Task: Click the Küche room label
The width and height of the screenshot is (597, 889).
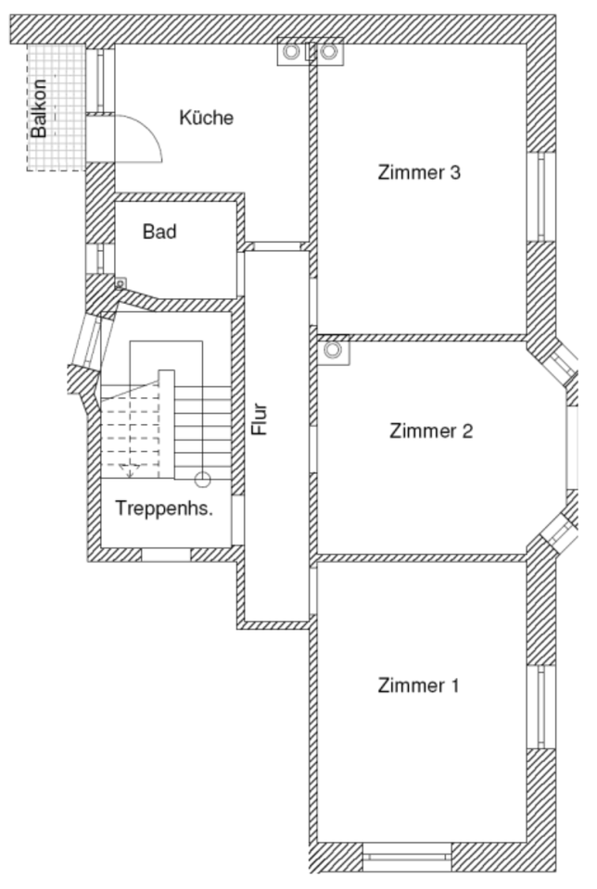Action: click(x=206, y=119)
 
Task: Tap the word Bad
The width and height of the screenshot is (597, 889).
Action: click(x=159, y=232)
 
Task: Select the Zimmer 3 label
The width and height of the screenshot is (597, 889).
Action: click(x=419, y=172)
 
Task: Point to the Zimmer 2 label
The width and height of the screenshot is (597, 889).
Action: click(x=431, y=431)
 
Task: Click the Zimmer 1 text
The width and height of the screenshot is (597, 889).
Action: click(x=419, y=685)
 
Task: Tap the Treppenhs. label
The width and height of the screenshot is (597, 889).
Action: click(x=171, y=507)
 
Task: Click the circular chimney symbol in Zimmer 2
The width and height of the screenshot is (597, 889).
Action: click(x=332, y=351)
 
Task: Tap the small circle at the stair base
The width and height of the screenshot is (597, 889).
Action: click(x=202, y=479)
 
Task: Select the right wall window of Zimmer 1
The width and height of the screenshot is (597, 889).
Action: click(x=540, y=706)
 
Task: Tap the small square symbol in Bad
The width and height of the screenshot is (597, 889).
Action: click(x=120, y=282)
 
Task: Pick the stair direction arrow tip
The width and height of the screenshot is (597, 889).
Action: click(x=131, y=471)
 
